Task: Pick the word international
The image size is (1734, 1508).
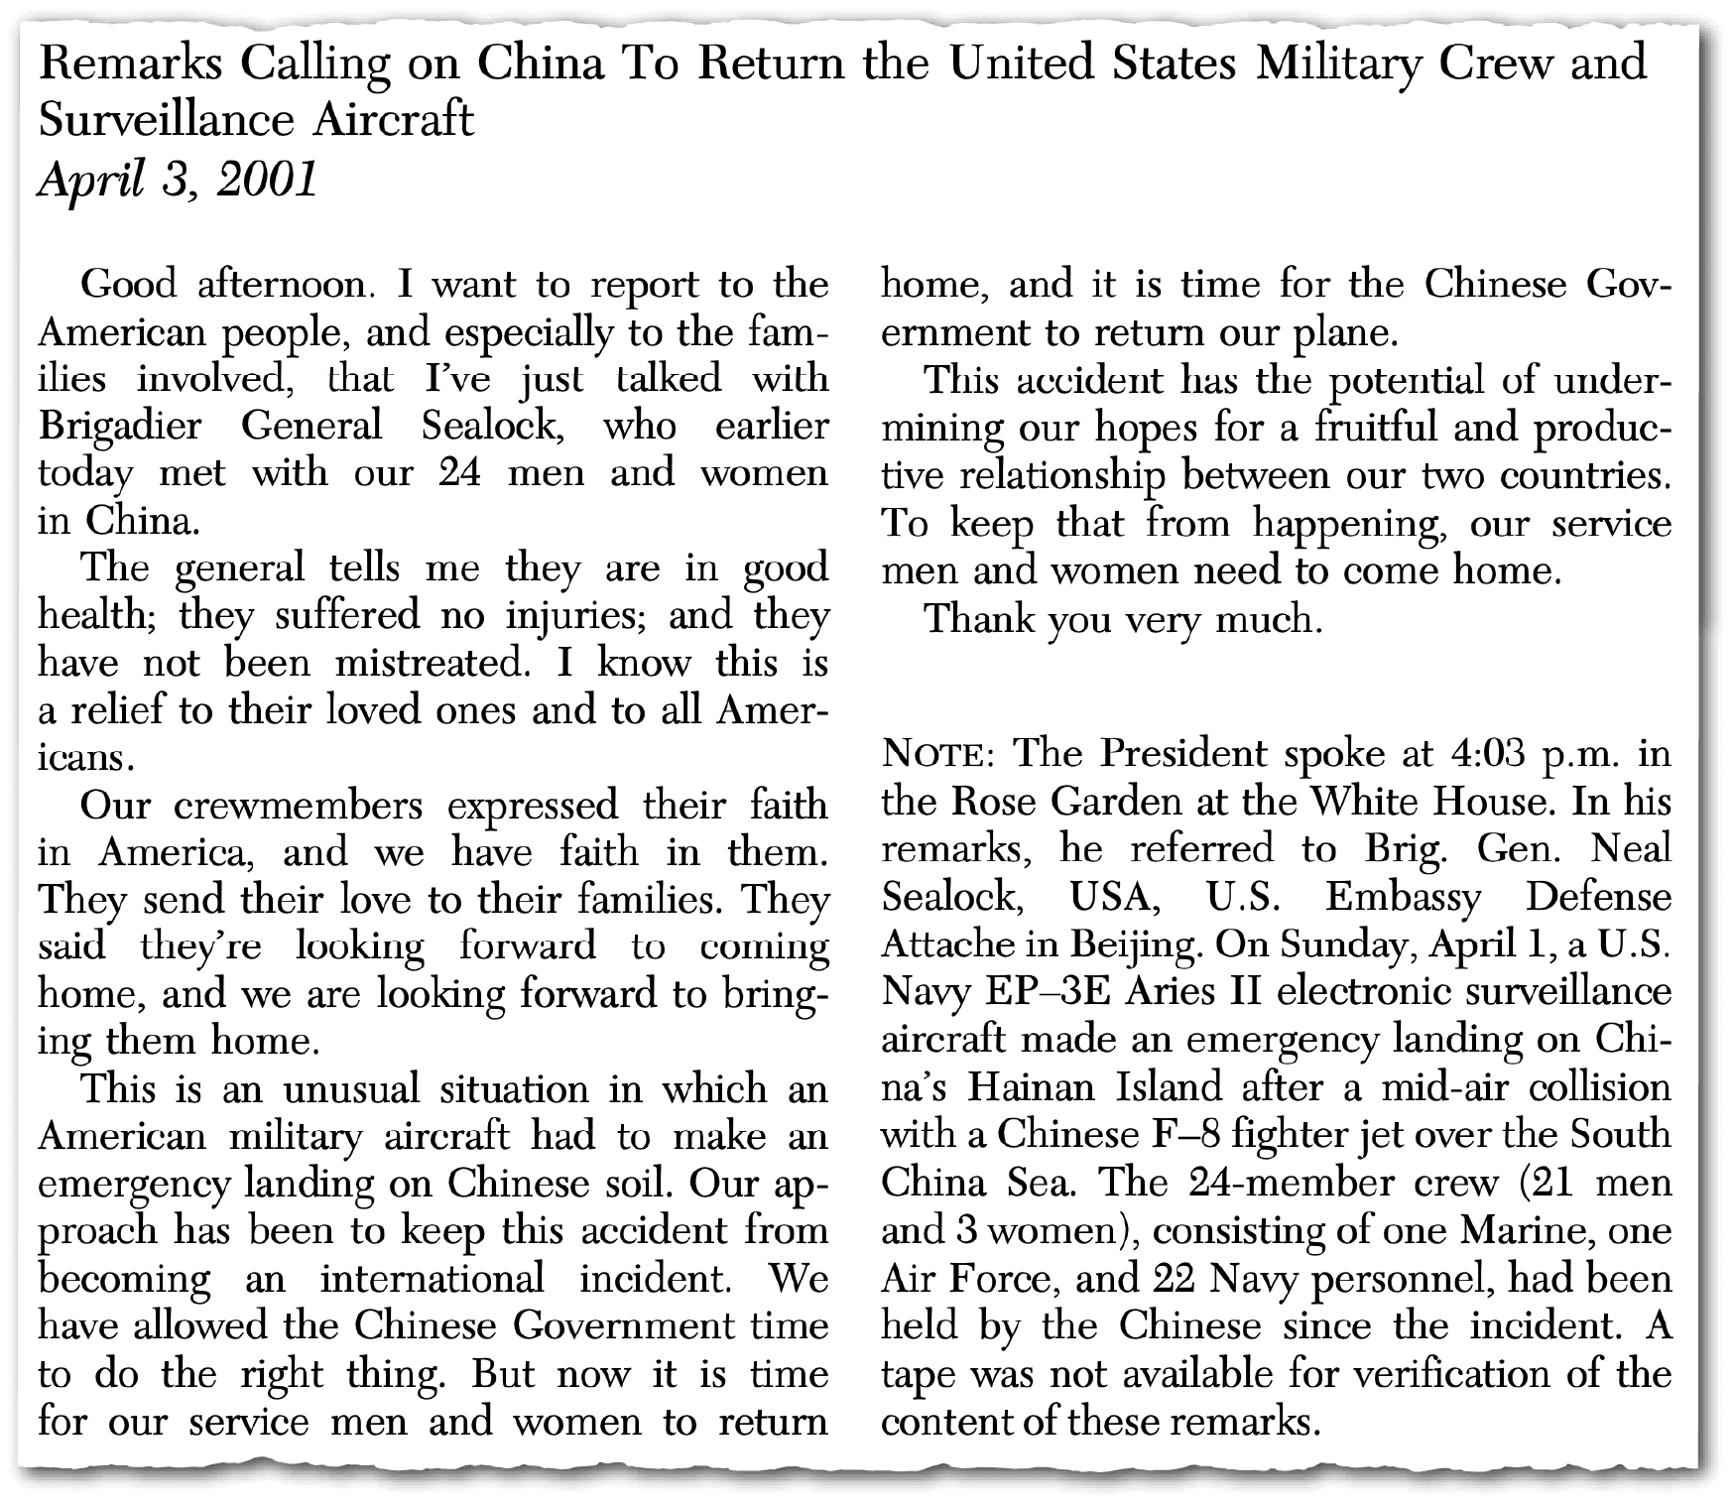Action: coord(433,1278)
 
